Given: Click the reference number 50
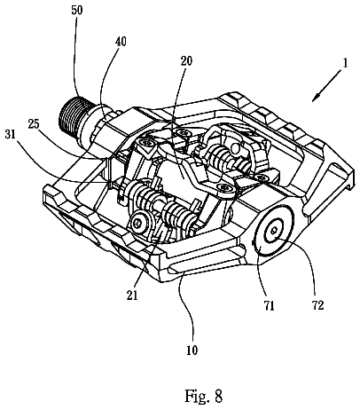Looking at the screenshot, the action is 77,10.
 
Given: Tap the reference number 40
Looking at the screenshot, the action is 120,41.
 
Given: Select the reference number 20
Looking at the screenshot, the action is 186,61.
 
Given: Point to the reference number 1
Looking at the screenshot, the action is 344,64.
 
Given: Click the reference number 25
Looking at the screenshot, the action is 34,124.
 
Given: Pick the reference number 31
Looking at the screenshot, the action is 11,135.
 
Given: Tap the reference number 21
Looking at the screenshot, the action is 132,295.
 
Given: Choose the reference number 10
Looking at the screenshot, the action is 192,351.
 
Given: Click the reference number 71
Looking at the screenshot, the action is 269,305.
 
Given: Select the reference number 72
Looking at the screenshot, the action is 317,305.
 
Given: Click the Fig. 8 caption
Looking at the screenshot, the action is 203,396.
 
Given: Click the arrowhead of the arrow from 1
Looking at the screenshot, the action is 316,98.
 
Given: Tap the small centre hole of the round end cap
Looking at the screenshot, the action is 274,231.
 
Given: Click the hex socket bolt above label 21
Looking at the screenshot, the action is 138,223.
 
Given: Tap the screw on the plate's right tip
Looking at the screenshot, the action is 224,188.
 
